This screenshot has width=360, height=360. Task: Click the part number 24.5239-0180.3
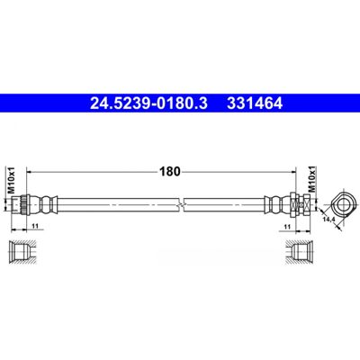pyautogui.click(x=148, y=103)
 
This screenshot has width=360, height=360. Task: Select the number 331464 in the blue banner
pyautogui.click(x=255, y=103)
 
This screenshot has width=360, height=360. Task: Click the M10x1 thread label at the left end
pyautogui.click(x=11, y=180)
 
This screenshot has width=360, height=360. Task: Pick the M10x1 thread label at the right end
pyautogui.click(x=312, y=180)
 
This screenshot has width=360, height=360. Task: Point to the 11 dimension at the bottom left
pyautogui.click(x=35, y=227)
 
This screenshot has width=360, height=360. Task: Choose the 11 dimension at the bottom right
pyautogui.click(x=287, y=227)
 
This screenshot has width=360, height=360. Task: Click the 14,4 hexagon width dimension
pyautogui.click(x=328, y=220)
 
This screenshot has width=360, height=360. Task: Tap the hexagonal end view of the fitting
pyautogui.click(x=342, y=205)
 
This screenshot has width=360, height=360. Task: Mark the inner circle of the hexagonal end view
pyautogui.click(x=342, y=205)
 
